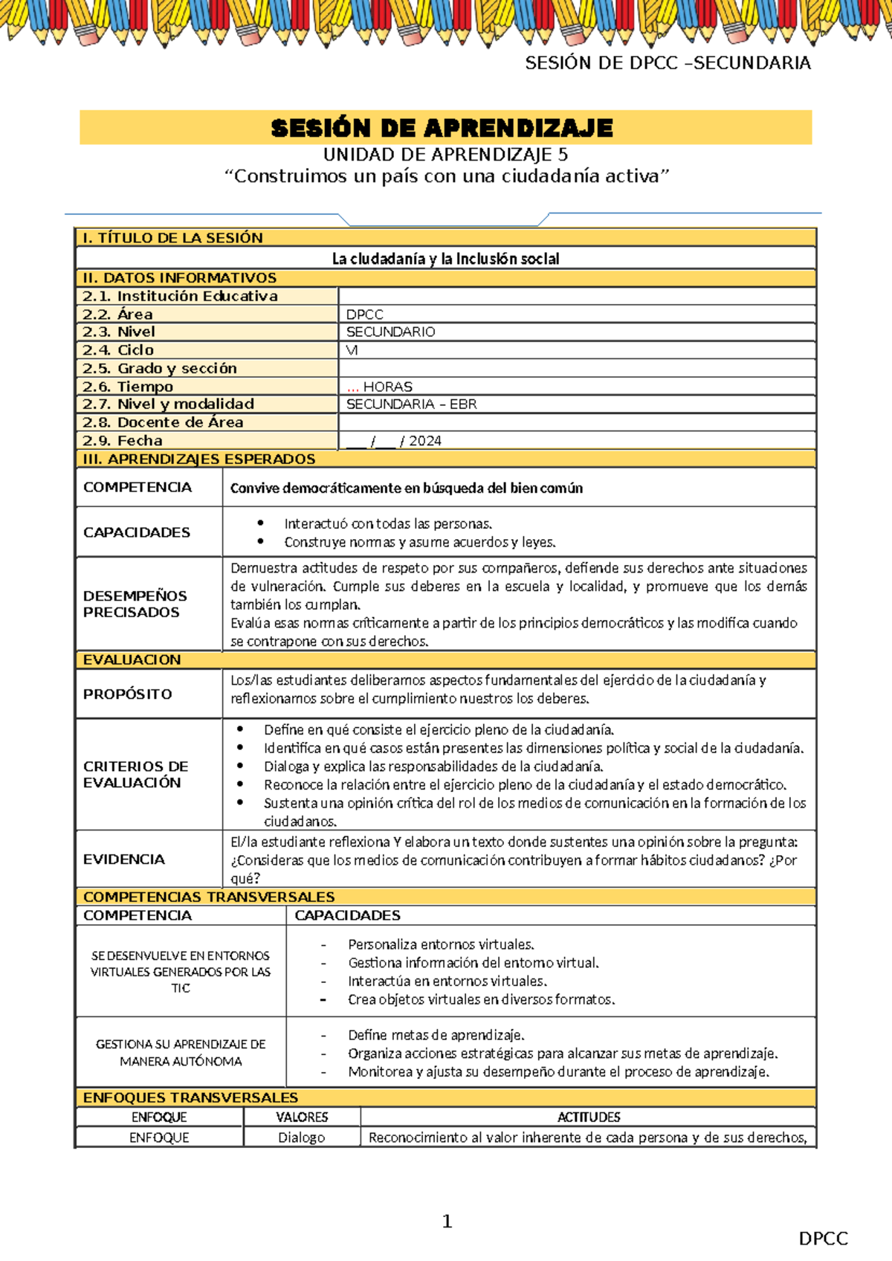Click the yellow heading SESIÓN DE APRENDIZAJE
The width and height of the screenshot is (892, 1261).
tap(442, 128)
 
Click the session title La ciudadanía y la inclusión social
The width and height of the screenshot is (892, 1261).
tap(445, 259)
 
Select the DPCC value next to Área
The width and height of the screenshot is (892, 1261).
tap(365, 315)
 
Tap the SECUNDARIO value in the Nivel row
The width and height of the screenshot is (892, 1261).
tap(391, 332)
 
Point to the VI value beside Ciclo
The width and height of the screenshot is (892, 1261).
tap(352, 350)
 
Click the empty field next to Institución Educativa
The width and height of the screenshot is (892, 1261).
tap(577, 296)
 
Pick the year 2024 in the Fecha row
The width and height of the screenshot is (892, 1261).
tap(425, 441)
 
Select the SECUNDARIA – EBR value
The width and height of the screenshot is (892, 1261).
tap(412, 404)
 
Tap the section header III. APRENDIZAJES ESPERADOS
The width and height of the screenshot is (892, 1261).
tap(199, 459)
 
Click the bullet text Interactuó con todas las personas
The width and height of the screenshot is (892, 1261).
tap(388, 523)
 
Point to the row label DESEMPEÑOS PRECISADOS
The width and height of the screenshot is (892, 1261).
tap(135, 604)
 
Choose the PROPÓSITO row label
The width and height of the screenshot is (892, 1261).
tap(128, 694)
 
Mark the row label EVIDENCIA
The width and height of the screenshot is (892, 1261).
tap(124, 859)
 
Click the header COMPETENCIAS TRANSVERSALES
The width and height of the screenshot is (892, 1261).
tap(209, 897)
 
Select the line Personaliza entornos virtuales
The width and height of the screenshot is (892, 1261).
tap(441, 944)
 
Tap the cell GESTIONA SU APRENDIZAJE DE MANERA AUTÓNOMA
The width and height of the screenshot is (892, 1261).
tap(181, 1052)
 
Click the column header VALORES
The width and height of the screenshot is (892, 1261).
tap(302, 1117)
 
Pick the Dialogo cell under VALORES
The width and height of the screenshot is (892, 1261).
tap(302, 1138)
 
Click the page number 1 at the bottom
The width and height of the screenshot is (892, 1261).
tap(447, 1221)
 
